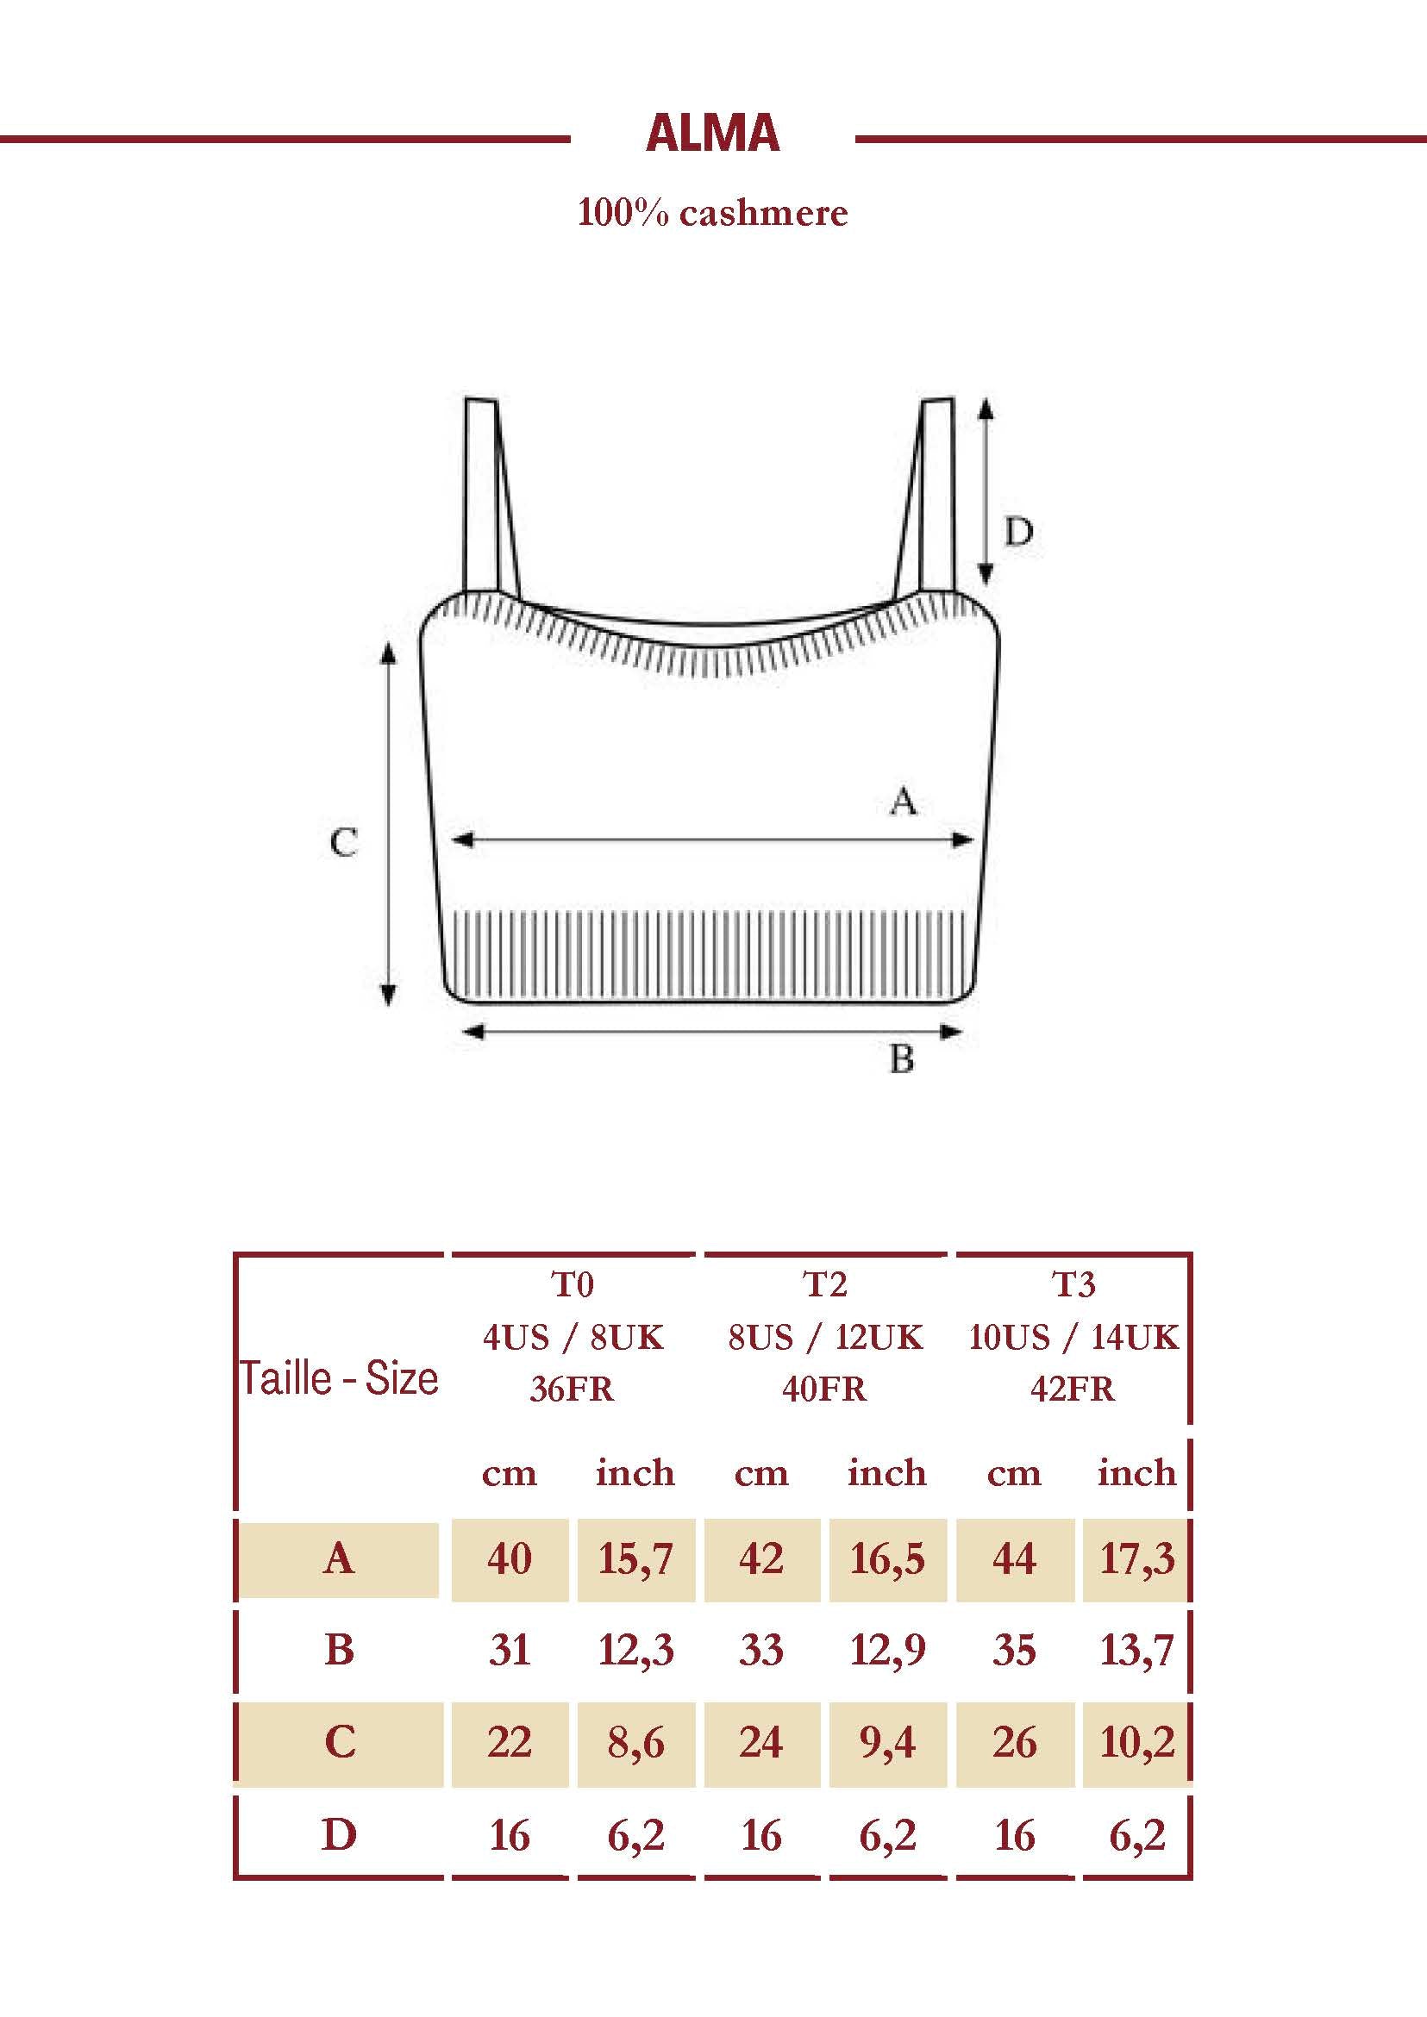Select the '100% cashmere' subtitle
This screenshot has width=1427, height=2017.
[x=712, y=213]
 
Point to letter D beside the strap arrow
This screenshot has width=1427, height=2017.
[x=1018, y=533]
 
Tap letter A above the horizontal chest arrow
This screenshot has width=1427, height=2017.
[x=904, y=801]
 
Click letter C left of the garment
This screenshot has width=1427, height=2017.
[x=343, y=843]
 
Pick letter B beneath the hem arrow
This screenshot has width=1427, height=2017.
[x=902, y=1059]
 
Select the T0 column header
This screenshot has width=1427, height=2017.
[x=572, y=1285]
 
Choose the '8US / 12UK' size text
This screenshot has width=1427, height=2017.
[x=825, y=1337]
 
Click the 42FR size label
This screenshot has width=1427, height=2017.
[x=1073, y=1389]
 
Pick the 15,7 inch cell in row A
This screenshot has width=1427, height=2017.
[x=635, y=1559]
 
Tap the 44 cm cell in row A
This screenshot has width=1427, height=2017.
[x=1014, y=1559]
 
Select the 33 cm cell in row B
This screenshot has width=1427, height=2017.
[x=761, y=1651]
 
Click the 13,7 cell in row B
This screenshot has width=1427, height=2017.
[x=1137, y=1651]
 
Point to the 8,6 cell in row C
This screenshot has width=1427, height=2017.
[x=635, y=1743]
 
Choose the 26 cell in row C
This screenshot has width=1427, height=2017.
[x=1014, y=1743]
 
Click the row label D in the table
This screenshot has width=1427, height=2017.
[x=339, y=1835]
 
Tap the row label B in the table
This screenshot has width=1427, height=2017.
[x=339, y=1651]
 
